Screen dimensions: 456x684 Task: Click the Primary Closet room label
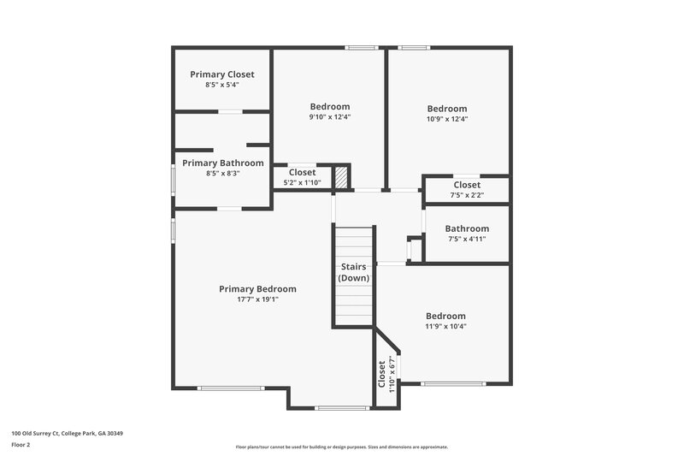click(x=222, y=74)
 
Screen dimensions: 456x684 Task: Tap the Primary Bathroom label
click(x=223, y=163)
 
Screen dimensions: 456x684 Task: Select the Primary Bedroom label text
click(x=257, y=289)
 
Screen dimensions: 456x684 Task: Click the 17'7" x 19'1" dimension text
click(x=257, y=299)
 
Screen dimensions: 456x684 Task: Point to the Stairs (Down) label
click(x=354, y=273)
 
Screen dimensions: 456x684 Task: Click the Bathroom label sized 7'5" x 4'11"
click(x=467, y=228)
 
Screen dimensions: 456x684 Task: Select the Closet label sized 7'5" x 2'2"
click(x=467, y=185)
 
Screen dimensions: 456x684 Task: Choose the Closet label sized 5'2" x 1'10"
click(x=302, y=172)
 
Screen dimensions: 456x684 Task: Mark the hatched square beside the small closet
click(x=341, y=177)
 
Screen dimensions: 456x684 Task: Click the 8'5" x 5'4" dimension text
click(x=222, y=85)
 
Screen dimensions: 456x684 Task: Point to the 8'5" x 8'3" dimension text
click(x=223, y=173)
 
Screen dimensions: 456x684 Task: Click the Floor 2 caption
click(x=21, y=445)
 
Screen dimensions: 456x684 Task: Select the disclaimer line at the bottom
click(x=342, y=447)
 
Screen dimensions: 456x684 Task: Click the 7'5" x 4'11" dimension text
click(x=467, y=239)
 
